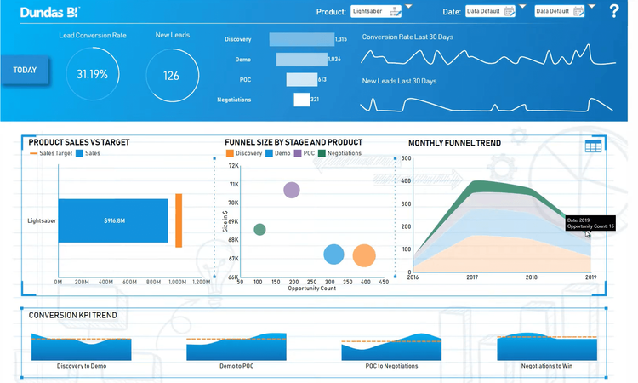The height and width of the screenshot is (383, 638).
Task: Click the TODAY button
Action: pyautogui.click(x=25, y=70)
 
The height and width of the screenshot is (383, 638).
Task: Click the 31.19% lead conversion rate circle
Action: pyautogui.click(x=92, y=74)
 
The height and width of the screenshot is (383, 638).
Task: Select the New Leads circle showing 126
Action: pyautogui.click(x=172, y=75)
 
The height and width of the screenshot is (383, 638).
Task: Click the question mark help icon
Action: pyautogui.click(x=614, y=11)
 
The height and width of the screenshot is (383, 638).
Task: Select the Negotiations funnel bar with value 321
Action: pyautogui.click(x=301, y=100)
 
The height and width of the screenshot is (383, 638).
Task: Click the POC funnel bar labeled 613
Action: pyautogui.click(x=301, y=79)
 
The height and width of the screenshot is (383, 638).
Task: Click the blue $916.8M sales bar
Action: pyautogui.click(x=112, y=220)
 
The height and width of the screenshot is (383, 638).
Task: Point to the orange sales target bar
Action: pyautogui.click(x=179, y=220)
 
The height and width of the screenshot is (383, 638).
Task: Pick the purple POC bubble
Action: pyautogui.click(x=292, y=190)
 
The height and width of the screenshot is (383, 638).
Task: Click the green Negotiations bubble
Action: pyautogui.click(x=259, y=230)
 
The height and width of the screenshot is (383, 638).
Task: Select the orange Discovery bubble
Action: pyautogui.click(x=364, y=255)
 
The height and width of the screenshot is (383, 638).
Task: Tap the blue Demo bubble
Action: pyautogui.click(x=333, y=254)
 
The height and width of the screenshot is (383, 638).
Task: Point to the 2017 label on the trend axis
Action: pyautogui.click(x=471, y=277)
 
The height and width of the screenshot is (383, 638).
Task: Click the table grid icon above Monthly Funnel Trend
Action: pyautogui.click(x=593, y=146)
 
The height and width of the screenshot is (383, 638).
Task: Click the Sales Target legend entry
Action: pyautogui.click(x=51, y=153)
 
